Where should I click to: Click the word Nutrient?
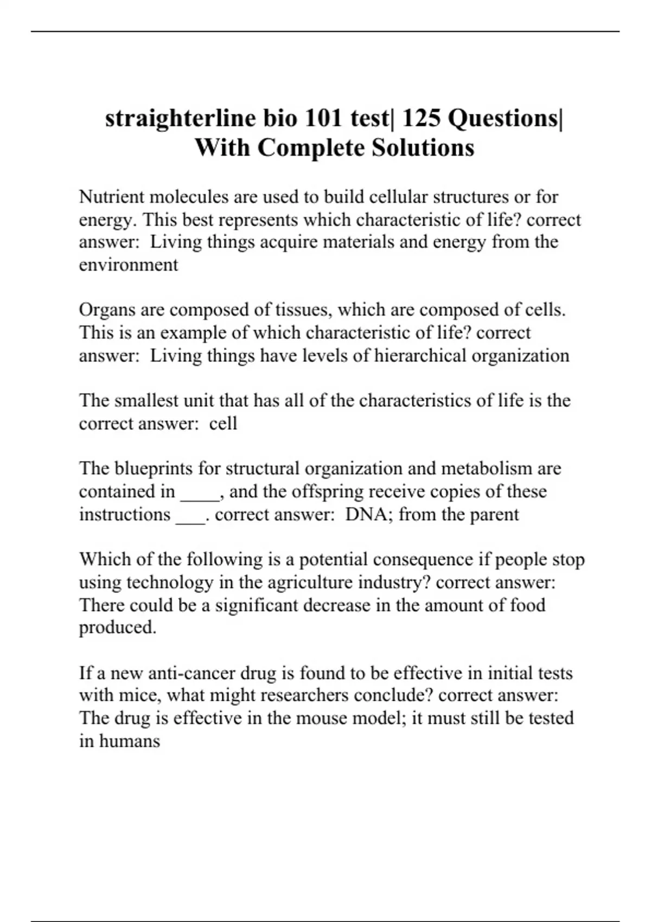(x=111, y=196)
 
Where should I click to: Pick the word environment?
(x=129, y=265)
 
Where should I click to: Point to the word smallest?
(x=145, y=400)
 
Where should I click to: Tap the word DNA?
(x=365, y=514)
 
